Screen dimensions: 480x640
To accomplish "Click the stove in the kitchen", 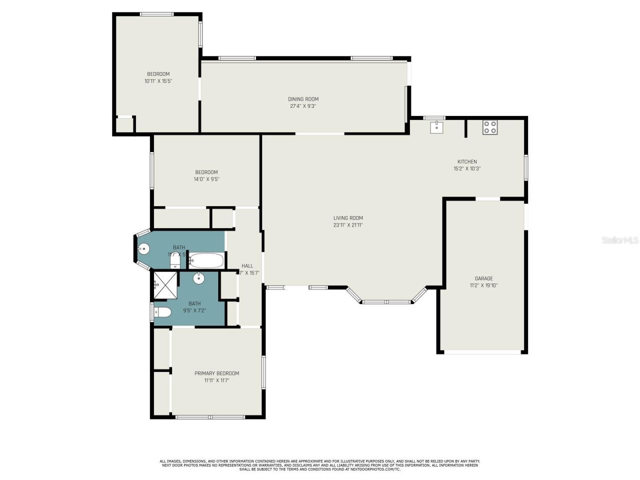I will pos(489,127).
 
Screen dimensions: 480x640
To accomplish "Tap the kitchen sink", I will pos(437,126).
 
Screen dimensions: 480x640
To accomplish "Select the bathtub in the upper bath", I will pos(206,260).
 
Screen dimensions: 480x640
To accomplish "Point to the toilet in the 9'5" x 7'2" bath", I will pos(162,312).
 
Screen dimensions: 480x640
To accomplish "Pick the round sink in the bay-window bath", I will pos(143,248).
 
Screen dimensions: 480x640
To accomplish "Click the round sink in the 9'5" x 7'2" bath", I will pos(199,278).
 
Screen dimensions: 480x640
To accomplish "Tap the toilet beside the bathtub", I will pos(175,261).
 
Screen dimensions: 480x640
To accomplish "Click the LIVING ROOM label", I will pos(348,218).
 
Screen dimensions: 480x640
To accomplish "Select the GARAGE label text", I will pos(483,278).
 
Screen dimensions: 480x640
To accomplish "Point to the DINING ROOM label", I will pos(303,99).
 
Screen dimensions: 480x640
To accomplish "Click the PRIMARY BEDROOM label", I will pos(216,373).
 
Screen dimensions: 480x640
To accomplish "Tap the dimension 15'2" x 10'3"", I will pos(466,168).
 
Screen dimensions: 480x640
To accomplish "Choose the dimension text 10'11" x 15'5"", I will pos(158,81).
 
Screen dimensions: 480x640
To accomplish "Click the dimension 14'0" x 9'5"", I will pos(206,179).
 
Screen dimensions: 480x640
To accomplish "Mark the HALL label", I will pos(247,266).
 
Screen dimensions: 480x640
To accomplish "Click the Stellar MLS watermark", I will pos(619,240).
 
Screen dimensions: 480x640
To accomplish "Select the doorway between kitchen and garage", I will pos(487,199).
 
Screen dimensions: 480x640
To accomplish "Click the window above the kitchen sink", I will pos(434,118).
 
